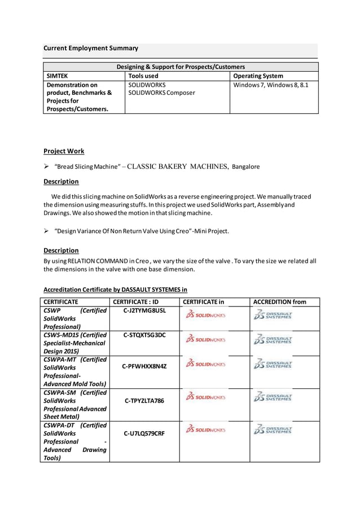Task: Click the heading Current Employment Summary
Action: [x=91, y=49]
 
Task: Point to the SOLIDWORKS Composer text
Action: [x=161, y=93]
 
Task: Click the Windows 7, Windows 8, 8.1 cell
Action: [x=270, y=85]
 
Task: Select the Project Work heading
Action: [x=64, y=151]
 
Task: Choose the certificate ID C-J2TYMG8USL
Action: [x=144, y=310]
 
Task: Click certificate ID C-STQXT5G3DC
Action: [x=144, y=335]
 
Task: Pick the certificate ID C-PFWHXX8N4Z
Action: [x=144, y=366]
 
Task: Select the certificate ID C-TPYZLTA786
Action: [x=144, y=401]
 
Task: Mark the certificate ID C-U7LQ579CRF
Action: [x=144, y=433]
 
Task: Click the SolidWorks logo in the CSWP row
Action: [x=205, y=315]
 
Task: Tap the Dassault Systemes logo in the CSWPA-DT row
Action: [x=273, y=430]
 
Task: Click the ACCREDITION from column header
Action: [x=279, y=302]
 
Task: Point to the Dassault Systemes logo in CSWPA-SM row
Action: [x=273, y=397]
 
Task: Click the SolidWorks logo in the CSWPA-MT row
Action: [x=205, y=364]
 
